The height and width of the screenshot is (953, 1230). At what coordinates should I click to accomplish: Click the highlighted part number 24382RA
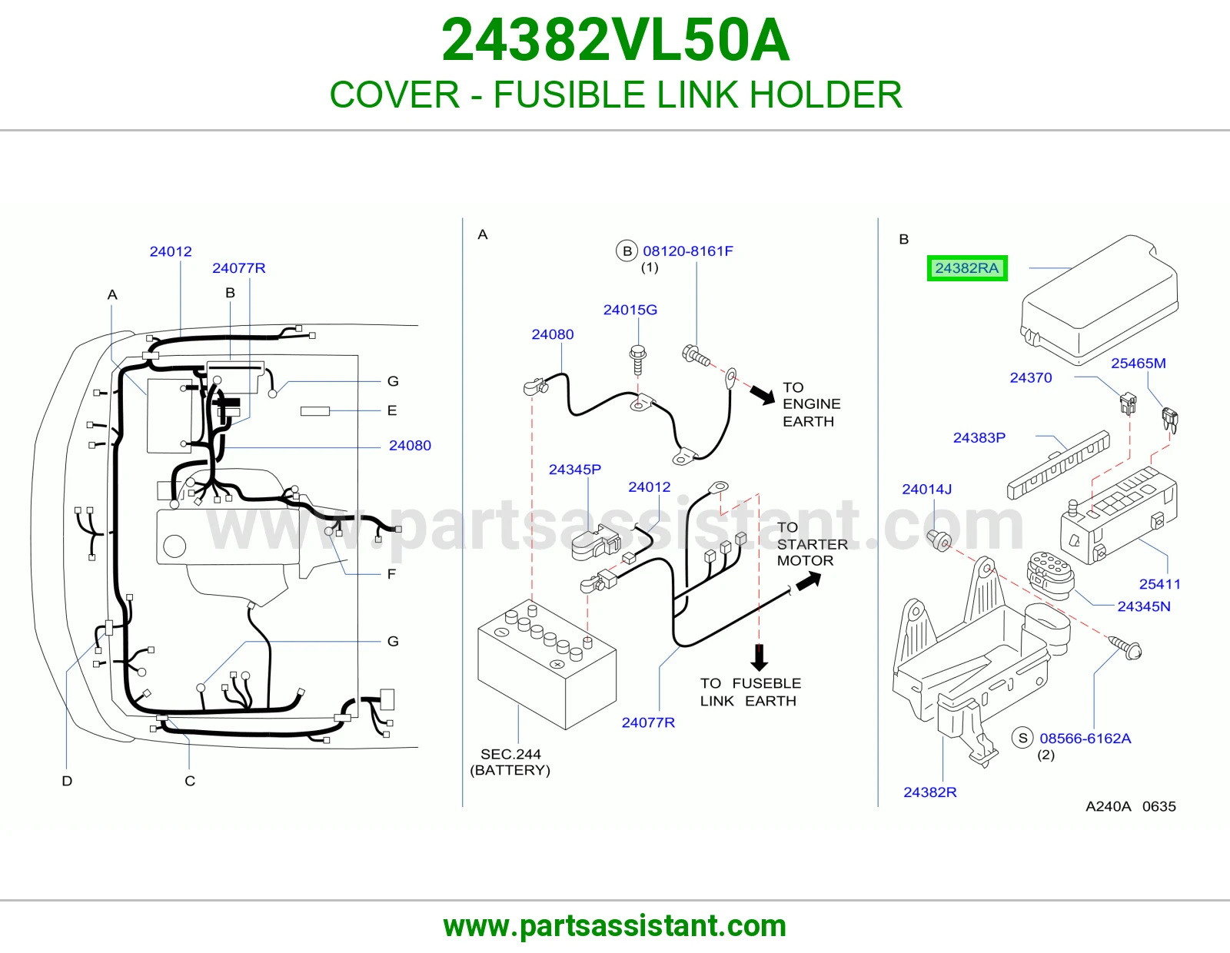(x=967, y=268)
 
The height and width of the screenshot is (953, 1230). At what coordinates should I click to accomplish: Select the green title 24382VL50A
(x=615, y=40)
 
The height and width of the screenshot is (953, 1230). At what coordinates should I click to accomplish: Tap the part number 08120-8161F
(x=688, y=251)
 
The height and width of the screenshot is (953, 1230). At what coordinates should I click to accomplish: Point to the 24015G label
(x=630, y=310)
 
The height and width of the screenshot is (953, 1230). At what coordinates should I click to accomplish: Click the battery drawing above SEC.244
(x=547, y=664)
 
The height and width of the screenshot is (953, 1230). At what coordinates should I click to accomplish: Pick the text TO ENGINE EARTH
(x=811, y=404)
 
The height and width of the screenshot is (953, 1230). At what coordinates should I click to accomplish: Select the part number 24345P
(x=575, y=470)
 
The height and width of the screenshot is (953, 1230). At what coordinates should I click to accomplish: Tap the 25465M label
(x=1139, y=364)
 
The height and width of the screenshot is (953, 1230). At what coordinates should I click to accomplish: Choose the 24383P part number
(x=979, y=438)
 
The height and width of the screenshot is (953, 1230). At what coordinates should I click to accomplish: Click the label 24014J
(x=926, y=490)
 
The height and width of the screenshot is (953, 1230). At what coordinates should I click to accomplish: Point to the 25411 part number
(x=1159, y=584)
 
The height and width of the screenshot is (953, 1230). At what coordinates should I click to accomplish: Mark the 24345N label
(x=1143, y=606)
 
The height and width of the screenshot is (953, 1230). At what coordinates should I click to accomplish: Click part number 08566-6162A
(x=1085, y=739)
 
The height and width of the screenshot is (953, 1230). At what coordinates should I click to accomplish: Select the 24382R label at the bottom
(x=930, y=792)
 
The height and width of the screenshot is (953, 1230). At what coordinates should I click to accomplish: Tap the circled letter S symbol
(x=1022, y=738)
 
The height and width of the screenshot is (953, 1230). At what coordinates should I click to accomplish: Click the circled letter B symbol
(x=627, y=251)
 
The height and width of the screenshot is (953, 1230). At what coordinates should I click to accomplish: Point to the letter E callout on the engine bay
(x=392, y=411)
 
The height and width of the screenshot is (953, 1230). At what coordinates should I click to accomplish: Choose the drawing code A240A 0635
(x=1130, y=806)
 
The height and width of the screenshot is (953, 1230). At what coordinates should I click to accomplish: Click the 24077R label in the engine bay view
(x=239, y=268)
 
